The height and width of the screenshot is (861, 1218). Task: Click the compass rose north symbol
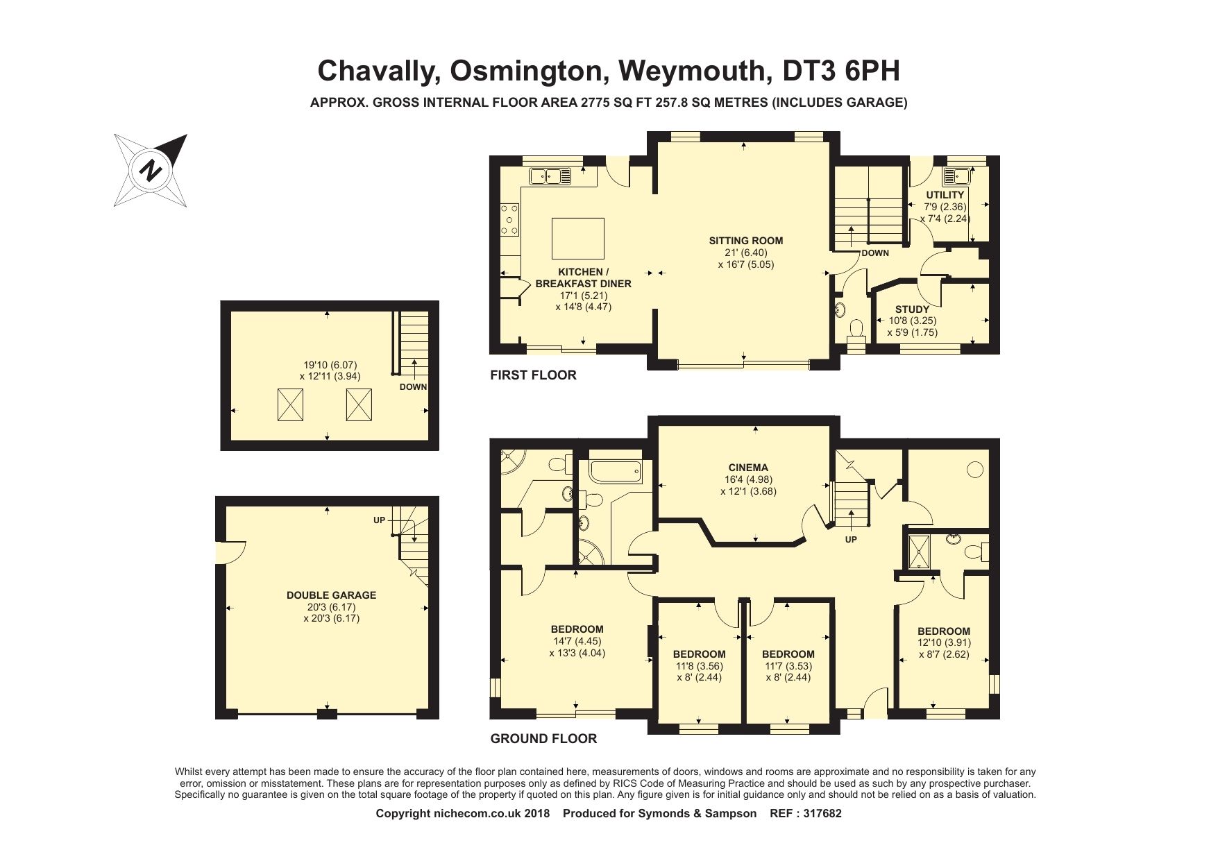coord(151,170)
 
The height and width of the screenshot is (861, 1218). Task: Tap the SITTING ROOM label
coord(745,241)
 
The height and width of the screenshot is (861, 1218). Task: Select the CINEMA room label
coord(748,468)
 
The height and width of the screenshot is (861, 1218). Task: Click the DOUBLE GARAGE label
coord(331,595)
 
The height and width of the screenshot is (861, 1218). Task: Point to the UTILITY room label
coord(945,195)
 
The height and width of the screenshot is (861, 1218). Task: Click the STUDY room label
coord(912,309)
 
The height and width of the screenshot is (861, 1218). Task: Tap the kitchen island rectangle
coord(577,237)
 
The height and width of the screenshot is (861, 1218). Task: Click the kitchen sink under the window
coord(550,176)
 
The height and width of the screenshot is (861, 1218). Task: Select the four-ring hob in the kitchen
coord(509,220)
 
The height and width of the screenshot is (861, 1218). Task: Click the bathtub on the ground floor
coord(616,472)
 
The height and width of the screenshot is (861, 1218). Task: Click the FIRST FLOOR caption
coord(533,375)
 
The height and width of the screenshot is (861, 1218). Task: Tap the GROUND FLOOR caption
coord(543,739)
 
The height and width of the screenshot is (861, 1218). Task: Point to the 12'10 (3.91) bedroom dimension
coord(944,642)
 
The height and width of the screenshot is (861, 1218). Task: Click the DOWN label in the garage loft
coord(413,387)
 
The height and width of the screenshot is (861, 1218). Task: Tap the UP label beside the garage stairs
coord(379,520)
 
